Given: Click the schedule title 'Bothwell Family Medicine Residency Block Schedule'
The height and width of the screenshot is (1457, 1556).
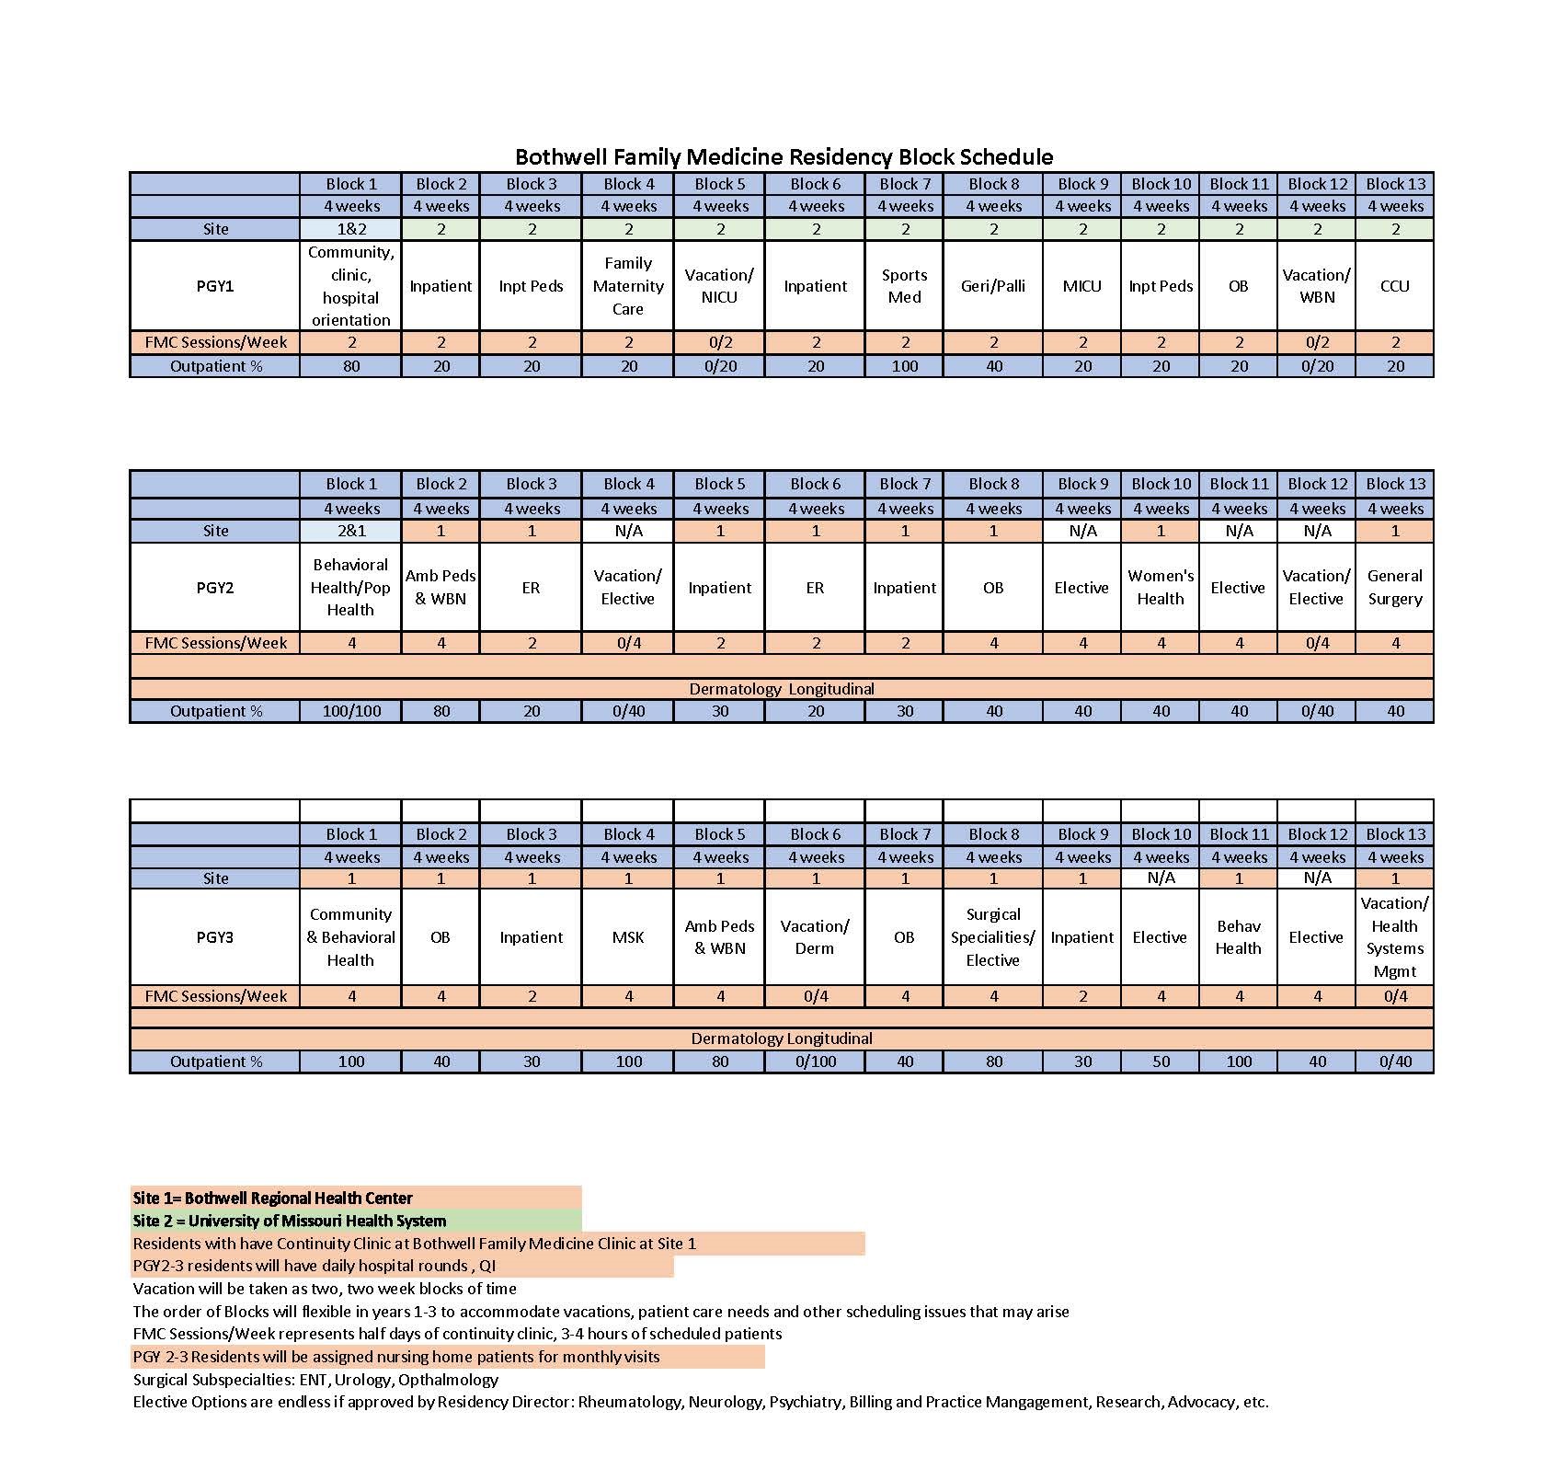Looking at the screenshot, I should click(x=784, y=156).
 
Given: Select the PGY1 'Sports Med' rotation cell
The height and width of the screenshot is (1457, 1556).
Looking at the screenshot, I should click(x=905, y=286).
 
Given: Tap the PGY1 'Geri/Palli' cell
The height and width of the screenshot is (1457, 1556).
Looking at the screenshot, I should click(x=993, y=286).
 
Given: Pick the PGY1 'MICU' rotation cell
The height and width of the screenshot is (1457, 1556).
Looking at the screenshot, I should click(x=1081, y=286).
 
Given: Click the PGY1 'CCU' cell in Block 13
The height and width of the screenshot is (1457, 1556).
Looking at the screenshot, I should click(x=1394, y=286).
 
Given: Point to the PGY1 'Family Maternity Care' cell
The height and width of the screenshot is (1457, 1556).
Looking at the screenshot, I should click(x=628, y=286).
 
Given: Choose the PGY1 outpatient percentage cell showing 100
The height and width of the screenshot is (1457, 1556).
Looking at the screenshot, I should click(x=905, y=366).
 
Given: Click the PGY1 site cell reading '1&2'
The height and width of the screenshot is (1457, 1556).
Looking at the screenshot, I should click(x=351, y=229).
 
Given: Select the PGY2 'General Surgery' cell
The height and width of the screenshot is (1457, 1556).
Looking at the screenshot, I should click(x=1394, y=587).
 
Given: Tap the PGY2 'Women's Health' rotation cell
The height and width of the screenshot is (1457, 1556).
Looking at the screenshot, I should click(x=1161, y=587).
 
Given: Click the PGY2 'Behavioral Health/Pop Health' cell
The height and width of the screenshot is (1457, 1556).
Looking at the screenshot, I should click(x=350, y=587).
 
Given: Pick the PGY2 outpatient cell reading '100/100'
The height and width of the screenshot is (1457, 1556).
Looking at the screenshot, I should click(x=351, y=711).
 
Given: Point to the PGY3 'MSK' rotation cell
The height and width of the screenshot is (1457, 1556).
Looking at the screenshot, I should click(x=628, y=937).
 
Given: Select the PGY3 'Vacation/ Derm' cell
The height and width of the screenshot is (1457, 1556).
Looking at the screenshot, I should click(x=815, y=937).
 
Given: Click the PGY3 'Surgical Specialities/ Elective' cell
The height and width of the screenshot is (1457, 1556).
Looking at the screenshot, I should click(x=993, y=937).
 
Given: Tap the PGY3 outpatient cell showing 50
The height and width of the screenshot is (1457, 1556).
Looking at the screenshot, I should click(x=1161, y=1061).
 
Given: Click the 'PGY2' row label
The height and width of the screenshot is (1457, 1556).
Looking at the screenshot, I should click(x=215, y=587).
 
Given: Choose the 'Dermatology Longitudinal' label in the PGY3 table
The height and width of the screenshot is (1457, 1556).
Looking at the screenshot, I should click(x=782, y=1038).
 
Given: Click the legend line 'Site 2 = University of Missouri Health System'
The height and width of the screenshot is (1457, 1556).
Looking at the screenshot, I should click(x=290, y=1221).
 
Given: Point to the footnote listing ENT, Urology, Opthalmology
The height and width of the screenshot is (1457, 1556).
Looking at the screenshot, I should click(x=315, y=1380).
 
